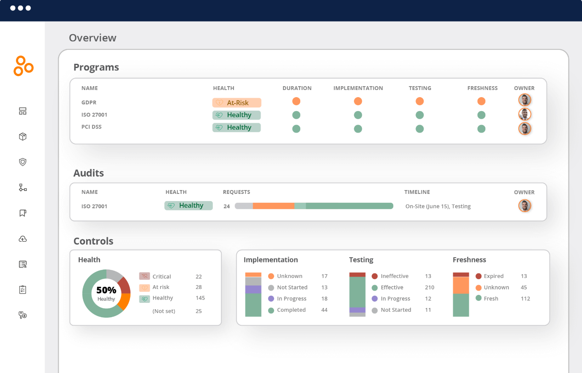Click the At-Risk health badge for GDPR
tap(237, 103)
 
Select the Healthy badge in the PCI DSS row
tap(237, 128)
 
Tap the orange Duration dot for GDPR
tap(296, 101)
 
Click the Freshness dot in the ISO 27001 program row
tap(481, 115)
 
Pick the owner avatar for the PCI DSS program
tap(525, 128)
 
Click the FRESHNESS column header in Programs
tap(482, 88)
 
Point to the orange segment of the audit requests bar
tap(273, 206)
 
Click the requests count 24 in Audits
tap(227, 207)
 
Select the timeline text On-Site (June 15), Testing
tap(438, 207)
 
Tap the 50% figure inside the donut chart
tap(106, 290)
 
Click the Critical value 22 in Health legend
tap(199, 277)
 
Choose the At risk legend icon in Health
tap(144, 288)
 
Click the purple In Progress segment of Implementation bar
tap(253, 289)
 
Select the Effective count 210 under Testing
tap(430, 288)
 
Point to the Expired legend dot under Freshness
tap(479, 276)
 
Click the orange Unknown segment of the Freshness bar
tap(461, 285)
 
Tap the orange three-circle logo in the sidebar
tap(23, 66)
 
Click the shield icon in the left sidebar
tap(23, 162)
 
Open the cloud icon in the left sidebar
tap(23, 239)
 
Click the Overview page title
tap(92, 38)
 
